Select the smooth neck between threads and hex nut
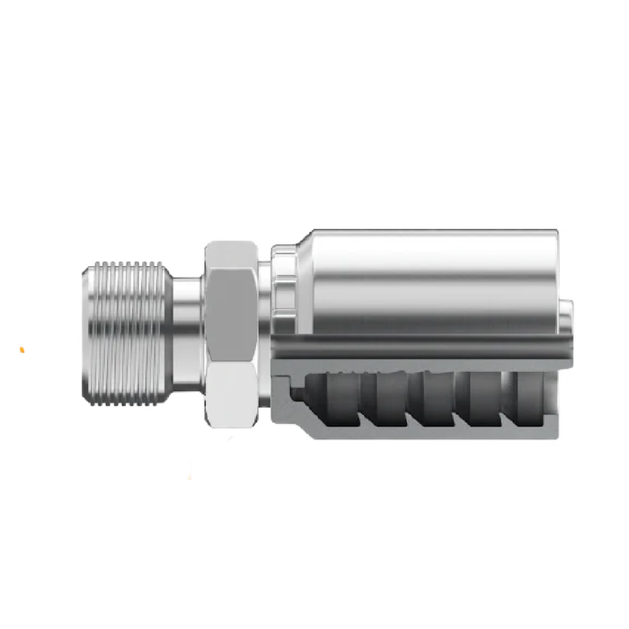click(187, 332)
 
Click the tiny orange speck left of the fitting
click(22, 349)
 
